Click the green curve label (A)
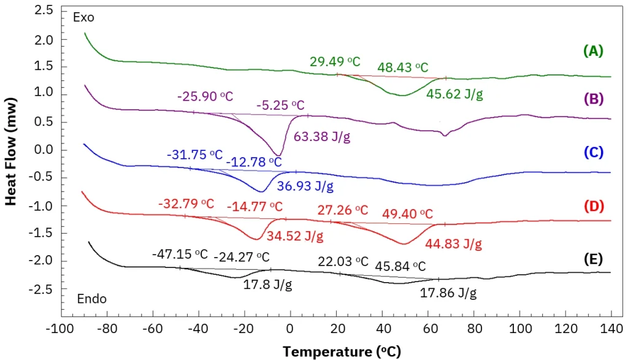(x=594, y=52)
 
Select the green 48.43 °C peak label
(x=403, y=67)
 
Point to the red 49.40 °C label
(x=407, y=214)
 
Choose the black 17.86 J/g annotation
(x=448, y=294)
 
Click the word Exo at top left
(x=83, y=18)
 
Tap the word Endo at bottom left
(x=92, y=299)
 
